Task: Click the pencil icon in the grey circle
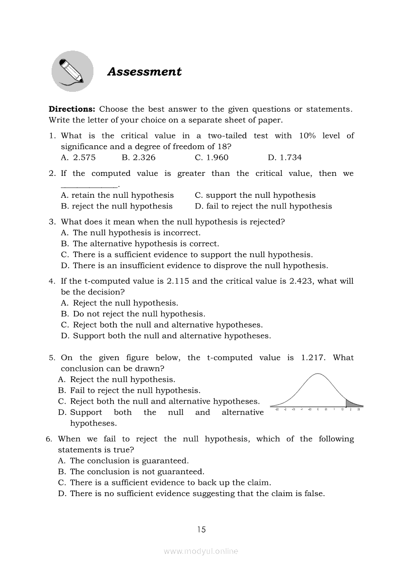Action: pyautogui.click(x=72, y=71)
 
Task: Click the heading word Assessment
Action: pyautogui.click(x=144, y=71)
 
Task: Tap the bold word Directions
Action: pyautogui.click(x=72, y=109)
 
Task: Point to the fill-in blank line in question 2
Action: pyautogui.click(x=90, y=185)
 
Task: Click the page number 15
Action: pyautogui.click(x=201, y=530)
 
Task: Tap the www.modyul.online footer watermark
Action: pyautogui.click(x=201, y=551)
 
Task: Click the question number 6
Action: pyautogui.click(x=49, y=439)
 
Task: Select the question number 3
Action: pyautogui.click(x=52, y=222)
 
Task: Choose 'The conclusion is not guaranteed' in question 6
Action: pyautogui.click(x=137, y=472)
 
